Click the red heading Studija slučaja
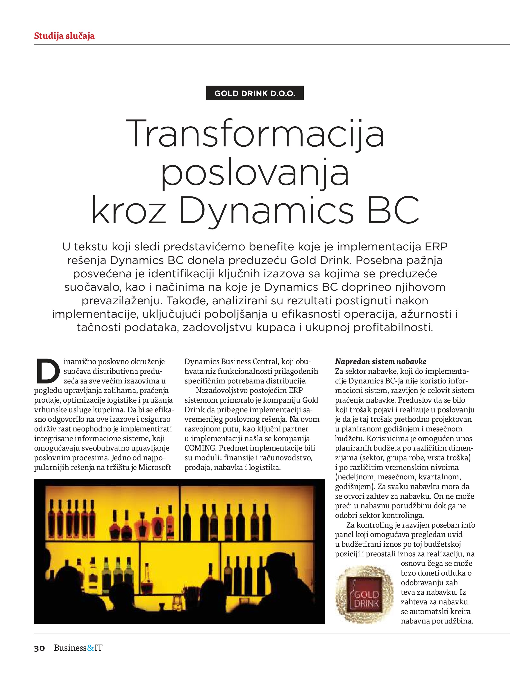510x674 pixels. pyautogui.click(x=64, y=36)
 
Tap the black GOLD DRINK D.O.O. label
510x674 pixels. pyautogui.click(x=255, y=93)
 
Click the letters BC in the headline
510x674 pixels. pyautogui.click(x=394, y=210)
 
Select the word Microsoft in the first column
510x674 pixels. pyautogui.click(x=155, y=467)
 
